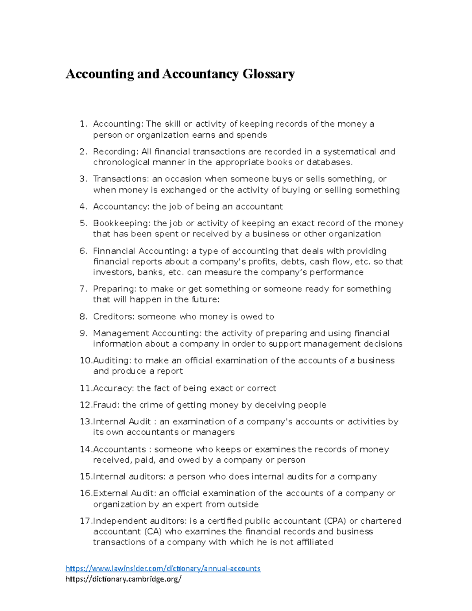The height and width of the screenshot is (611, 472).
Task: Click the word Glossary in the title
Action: [268, 74]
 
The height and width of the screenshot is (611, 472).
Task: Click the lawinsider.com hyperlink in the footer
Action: [163, 568]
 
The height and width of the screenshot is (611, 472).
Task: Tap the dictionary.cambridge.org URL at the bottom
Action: [124, 579]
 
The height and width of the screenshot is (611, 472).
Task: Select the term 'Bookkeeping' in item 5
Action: [121, 223]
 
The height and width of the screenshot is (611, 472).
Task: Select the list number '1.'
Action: [83, 124]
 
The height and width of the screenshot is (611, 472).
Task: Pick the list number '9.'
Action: [83, 333]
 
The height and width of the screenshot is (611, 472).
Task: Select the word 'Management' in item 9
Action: [121, 333]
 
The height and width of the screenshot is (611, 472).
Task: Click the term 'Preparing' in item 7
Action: [114, 289]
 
